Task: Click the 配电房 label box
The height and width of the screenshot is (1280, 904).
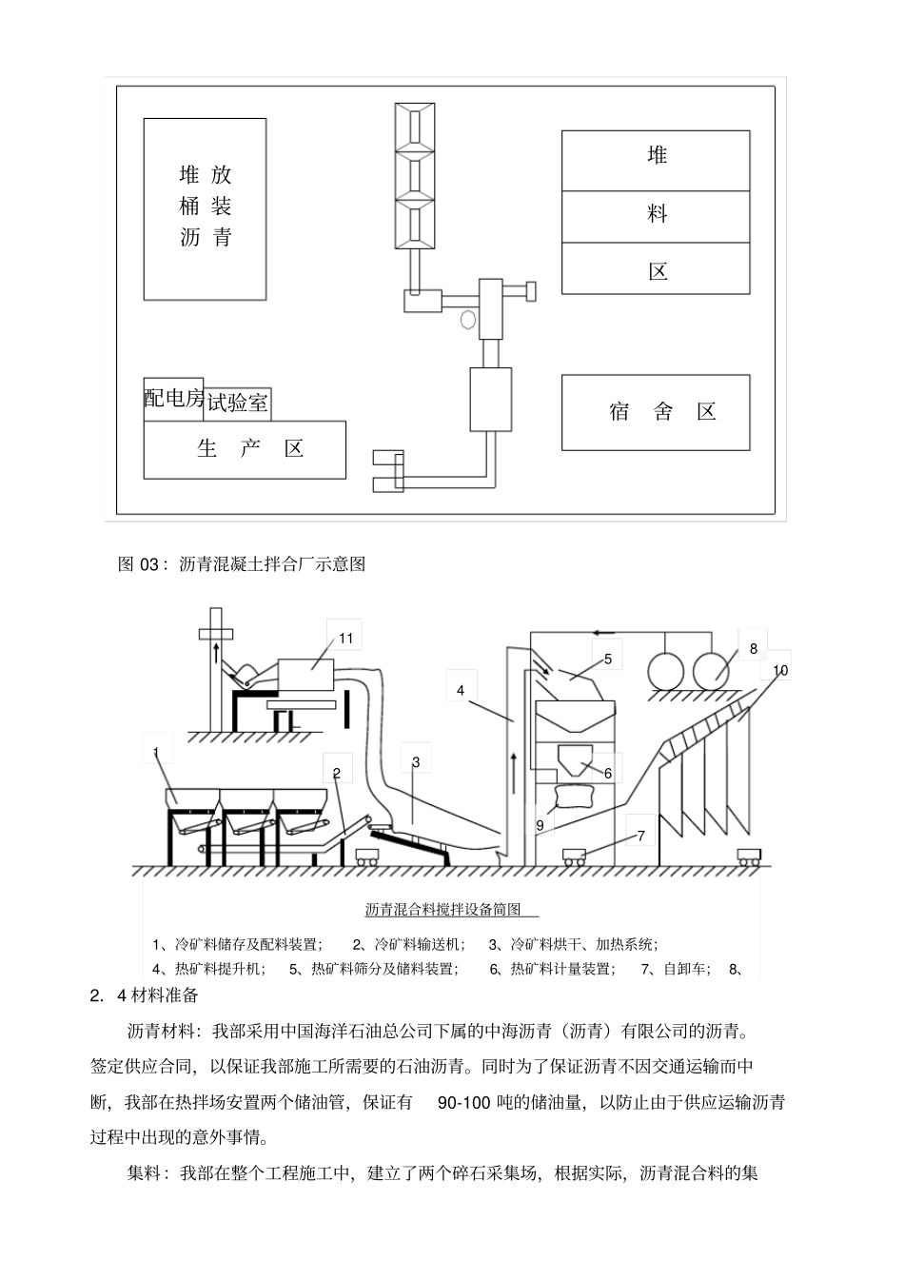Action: pos(174,399)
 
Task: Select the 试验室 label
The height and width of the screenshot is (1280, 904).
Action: pos(238,404)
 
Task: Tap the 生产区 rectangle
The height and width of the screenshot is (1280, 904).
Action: pos(245,449)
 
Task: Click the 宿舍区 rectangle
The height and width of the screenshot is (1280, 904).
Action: pos(655,412)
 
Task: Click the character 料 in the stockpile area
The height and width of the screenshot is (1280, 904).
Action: pos(657,214)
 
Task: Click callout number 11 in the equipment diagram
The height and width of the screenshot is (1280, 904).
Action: pos(345,637)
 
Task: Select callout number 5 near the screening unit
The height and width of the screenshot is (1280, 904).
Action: pos(607,658)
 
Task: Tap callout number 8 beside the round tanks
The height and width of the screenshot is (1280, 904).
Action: pos(753,648)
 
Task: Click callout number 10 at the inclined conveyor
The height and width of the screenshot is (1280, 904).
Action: pos(780,670)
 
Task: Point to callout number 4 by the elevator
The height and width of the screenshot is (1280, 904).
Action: pos(461,690)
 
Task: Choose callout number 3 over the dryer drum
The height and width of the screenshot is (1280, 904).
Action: pos(416,761)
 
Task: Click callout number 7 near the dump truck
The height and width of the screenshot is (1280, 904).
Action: pos(640,836)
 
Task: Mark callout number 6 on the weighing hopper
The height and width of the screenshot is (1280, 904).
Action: pos(608,773)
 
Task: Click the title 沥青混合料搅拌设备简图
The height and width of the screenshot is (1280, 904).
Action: pos(443,910)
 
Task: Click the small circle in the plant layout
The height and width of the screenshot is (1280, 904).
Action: pos(467,319)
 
